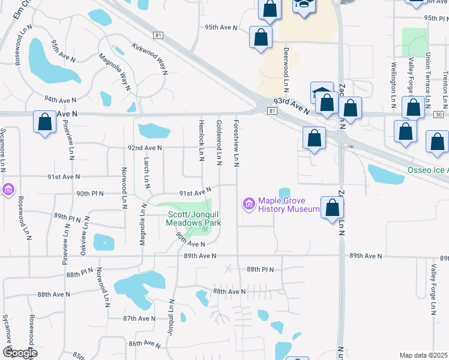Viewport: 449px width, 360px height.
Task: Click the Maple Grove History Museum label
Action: [289, 205]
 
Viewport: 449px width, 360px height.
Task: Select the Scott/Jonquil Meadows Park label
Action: [194, 218]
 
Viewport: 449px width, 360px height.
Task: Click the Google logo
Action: [19, 352]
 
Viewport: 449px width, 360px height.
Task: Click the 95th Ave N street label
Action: [221, 28]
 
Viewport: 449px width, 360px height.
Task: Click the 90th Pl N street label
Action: [91, 194]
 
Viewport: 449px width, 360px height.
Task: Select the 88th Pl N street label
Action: [259, 270]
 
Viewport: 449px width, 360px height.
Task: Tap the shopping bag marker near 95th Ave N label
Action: [261, 37]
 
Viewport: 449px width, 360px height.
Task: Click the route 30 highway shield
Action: [439, 114]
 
